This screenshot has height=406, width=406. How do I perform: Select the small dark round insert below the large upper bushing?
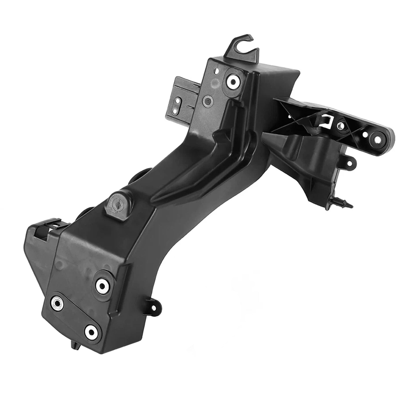(208, 101)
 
